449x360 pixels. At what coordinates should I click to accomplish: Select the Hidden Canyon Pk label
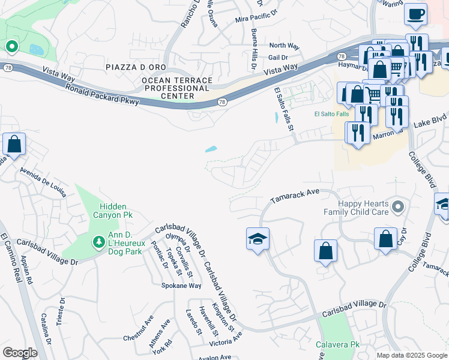112,210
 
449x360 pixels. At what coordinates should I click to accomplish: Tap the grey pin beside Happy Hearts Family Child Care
396,208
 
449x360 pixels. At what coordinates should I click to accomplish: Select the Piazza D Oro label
134,66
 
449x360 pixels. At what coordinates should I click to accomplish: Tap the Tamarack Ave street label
294,196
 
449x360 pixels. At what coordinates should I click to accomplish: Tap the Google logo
20,352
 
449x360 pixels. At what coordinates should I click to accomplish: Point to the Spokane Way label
181,286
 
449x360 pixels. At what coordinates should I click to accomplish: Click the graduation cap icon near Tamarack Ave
258,239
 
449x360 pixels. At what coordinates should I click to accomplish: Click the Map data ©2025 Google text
411,355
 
